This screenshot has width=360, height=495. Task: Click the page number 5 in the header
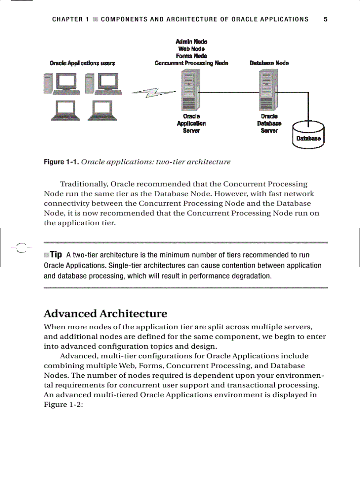coord(325,19)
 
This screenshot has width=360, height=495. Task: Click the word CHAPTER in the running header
coord(67,19)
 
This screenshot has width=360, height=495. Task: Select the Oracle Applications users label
coord(82,63)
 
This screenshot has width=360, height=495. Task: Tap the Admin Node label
coord(191,42)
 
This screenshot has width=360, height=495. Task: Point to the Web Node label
coord(191,49)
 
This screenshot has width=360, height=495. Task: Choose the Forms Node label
coord(191,56)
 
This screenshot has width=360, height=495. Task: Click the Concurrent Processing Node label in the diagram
coord(191,63)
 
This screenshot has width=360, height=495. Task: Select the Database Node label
coord(269,63)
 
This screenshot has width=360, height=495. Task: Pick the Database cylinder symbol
coord(308,135)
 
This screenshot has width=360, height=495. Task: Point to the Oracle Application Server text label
coord(191,123)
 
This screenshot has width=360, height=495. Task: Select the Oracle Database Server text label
coord(269,123)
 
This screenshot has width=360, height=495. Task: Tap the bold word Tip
coord(56,255)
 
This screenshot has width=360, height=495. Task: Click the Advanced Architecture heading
coord(105,314)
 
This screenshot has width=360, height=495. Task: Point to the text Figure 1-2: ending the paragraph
coord(64,404)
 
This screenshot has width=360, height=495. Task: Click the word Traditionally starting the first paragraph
coord(84,184)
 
